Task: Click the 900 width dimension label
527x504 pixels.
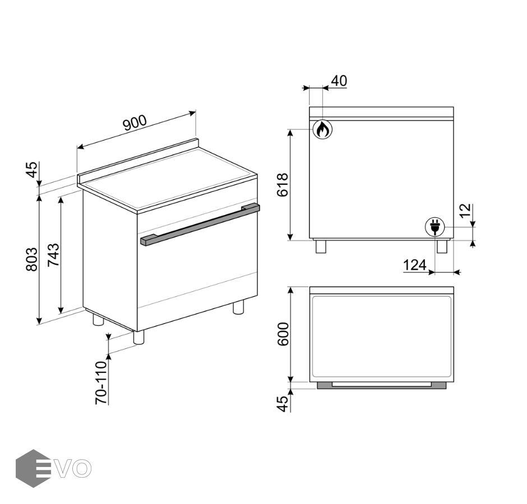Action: (135, 123)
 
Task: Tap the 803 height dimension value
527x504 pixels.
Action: (32, 259)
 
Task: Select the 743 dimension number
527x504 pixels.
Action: (53, 255)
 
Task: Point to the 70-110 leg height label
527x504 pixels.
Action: (101, 382)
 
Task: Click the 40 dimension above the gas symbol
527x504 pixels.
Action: (339, 81)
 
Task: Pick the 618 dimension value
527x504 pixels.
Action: (283, 185)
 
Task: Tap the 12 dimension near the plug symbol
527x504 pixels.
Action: (466, 211)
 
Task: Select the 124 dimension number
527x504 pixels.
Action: (415, 265)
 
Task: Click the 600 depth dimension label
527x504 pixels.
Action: (283, 334)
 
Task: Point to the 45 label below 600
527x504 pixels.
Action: (283, 404)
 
